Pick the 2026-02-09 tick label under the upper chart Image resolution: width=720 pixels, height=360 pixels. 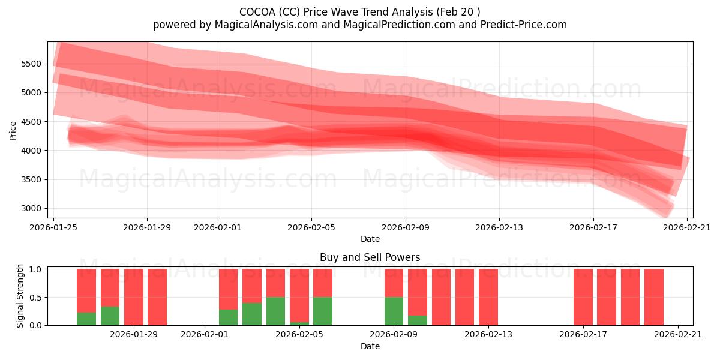tap(406, 227)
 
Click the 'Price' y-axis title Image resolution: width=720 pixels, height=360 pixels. tap(13, 130)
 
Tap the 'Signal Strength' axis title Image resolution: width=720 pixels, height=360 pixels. tap(20, 296)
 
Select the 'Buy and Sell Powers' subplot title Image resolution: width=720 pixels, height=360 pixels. tap(370, 257)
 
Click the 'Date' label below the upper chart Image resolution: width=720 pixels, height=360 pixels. tap(370, 239)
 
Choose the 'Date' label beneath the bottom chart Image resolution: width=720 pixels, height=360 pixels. tap(370, 346)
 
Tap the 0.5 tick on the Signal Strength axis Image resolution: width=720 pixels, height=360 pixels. tap(35, 297)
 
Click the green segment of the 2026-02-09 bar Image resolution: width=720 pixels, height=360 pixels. tap(394, 311)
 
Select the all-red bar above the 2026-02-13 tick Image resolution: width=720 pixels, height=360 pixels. tap(488, 297)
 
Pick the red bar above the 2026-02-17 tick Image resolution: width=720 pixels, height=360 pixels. tap(583, 297)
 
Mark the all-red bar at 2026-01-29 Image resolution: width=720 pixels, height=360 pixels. tap(134, 297)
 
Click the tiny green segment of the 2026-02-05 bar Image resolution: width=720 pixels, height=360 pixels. tap(299, 323)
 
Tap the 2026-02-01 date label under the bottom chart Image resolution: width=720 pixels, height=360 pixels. tap(205, 334)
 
